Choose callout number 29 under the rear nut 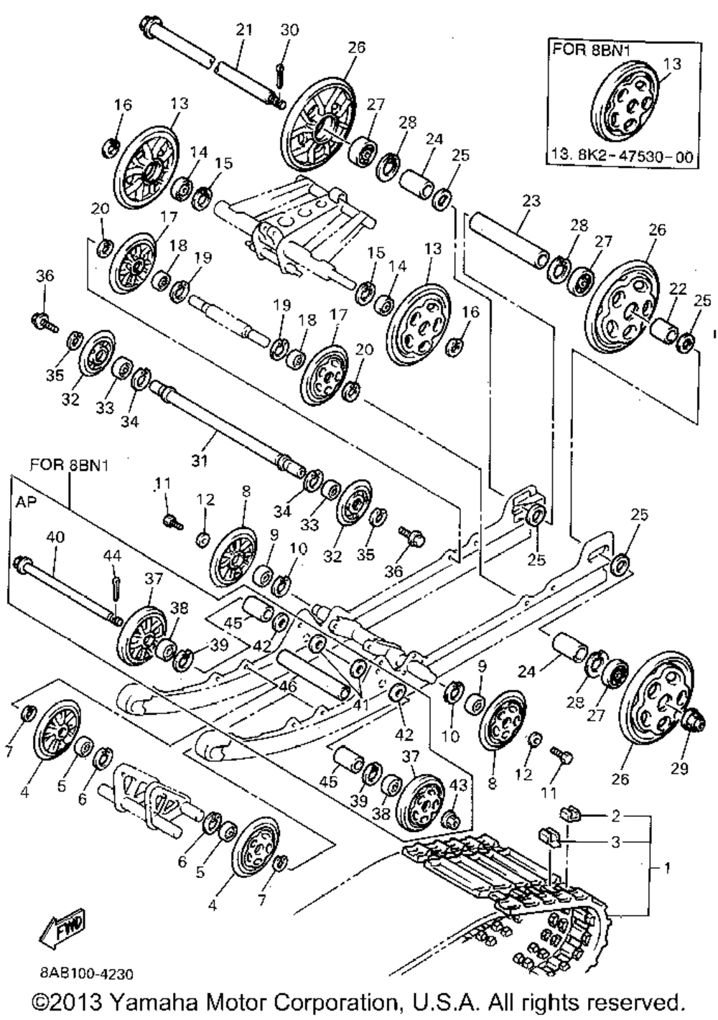679,768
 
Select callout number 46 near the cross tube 288,686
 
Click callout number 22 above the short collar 677,289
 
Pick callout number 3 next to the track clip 615,841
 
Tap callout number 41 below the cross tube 360,705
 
